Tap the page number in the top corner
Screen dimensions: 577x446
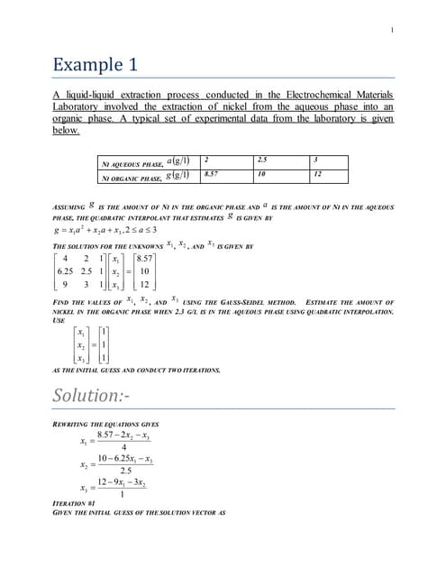[392, 32]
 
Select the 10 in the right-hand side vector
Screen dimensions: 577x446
[146, 270]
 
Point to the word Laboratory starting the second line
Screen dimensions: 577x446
[78, 106]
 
